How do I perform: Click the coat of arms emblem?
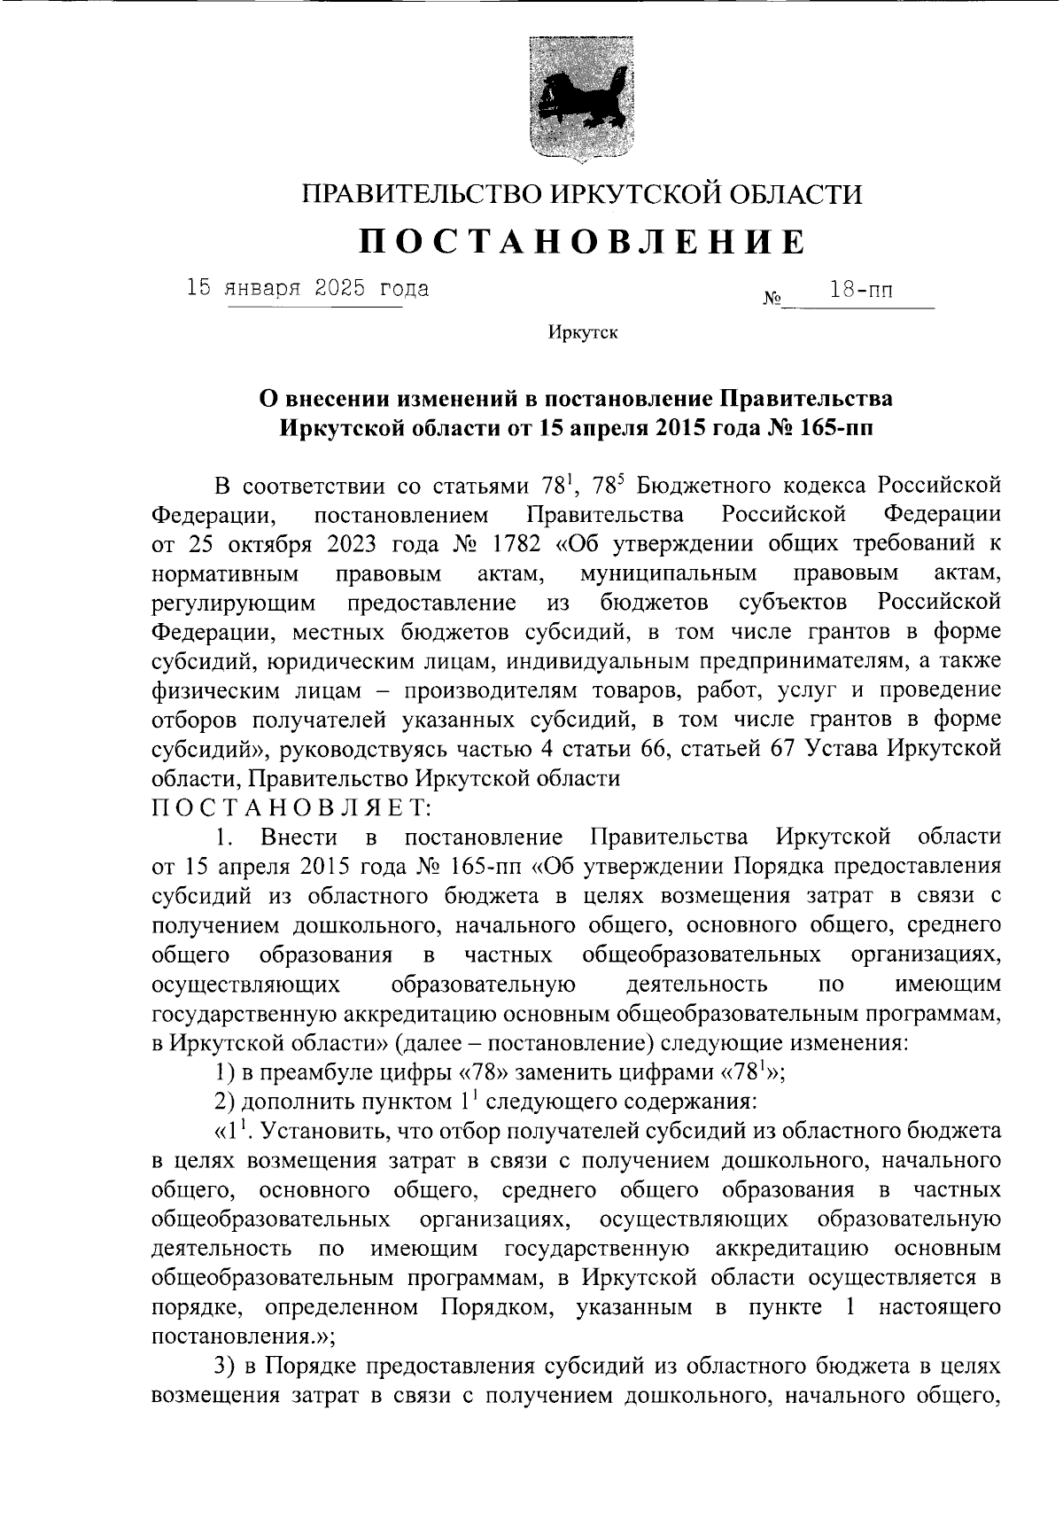582,99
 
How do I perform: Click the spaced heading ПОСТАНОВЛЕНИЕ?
582,241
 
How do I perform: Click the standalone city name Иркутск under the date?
582,333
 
